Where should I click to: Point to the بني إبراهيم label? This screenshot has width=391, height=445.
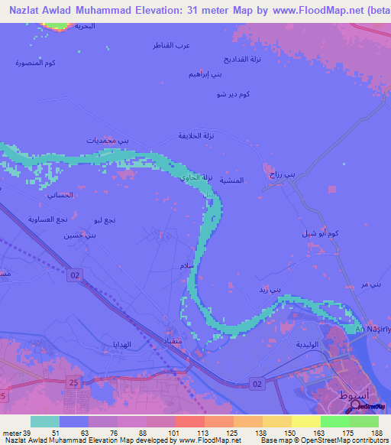(x=205, y=76)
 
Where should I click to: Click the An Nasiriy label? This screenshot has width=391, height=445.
(x=373, y=329)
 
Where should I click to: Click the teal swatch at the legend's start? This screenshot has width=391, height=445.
(x=45, y=421)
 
